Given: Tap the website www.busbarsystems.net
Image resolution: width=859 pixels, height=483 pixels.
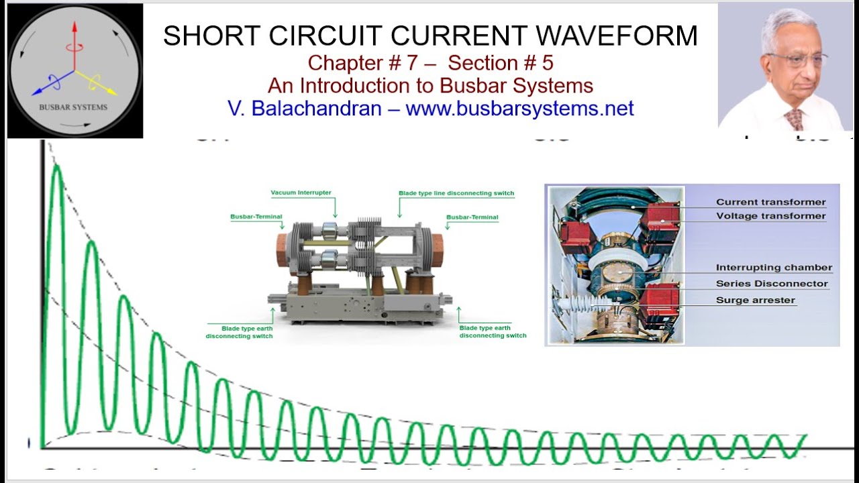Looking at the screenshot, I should pos(519,108).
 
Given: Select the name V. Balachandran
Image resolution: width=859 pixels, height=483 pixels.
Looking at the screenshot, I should pos(305,108).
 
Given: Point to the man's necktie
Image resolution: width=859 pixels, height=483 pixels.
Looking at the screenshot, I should pos(796,119).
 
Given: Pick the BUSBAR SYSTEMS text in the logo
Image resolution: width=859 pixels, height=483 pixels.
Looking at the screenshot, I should pos(74,107).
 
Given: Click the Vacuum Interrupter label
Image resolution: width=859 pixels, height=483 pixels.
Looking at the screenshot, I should pos(301,193).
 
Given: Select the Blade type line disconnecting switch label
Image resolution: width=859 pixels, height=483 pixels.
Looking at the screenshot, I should pos(456,193).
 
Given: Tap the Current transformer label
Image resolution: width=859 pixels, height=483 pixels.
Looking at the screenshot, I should pos(770,202).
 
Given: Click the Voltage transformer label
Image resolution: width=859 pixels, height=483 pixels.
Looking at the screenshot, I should pos(770,216).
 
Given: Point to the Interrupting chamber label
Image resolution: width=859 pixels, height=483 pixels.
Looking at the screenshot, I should pos(774,268).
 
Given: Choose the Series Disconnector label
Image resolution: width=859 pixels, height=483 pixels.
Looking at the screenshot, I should pos(772,284).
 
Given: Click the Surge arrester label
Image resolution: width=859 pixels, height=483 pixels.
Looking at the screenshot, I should pos(755,301).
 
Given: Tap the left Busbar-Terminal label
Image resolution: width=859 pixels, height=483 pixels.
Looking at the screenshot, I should pos(256,217).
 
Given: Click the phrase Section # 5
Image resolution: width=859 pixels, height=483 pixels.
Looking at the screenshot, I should pos(501,63).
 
